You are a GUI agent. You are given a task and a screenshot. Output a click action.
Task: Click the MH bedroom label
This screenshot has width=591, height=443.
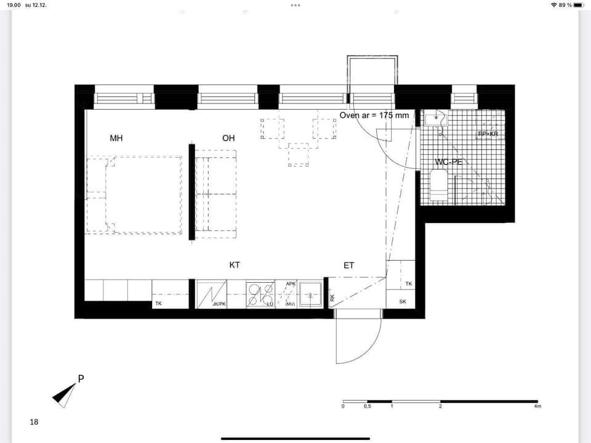pyautogui.click(x=116, y=138)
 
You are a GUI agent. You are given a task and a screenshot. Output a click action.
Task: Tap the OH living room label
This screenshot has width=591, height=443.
pyautogui.click(x=228, y=138)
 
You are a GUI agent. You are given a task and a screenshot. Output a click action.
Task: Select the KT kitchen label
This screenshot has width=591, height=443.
pyautogui.click(x=235, y=265)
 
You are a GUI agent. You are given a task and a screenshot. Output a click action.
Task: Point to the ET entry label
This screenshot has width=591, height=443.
pyautogui.click(x=349, y=266)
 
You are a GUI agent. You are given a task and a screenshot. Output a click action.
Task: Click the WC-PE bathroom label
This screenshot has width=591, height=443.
pyautogui.click(x=449, y=162)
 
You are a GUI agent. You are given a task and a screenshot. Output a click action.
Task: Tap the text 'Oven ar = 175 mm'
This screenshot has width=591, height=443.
pyautogui.click(x=374, y=115)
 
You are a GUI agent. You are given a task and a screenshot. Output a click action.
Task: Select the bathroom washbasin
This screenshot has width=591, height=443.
pyautogui.click(x=436, y=117)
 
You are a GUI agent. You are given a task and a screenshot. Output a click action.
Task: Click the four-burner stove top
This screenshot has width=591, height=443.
pyautogui.click(x=260, y=294)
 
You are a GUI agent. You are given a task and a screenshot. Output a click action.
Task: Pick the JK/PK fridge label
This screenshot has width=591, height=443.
pyautogui.click(x=219, y=304)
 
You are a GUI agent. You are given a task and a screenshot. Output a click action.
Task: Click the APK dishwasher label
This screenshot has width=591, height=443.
pyautogui.click(x=291, y=284)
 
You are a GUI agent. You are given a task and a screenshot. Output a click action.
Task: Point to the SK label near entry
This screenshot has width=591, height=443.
pyautogui.click(x=403, y=302)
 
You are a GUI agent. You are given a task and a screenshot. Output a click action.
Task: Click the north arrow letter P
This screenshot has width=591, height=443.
pyautogui.click(x=81, y=378)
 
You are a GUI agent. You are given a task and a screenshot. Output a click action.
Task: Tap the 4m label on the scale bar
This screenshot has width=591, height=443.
pyautogui.click(x=537, y=407)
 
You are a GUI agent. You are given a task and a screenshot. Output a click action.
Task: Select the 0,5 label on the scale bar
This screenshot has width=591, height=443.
pyautogui.click(x=368, y=407)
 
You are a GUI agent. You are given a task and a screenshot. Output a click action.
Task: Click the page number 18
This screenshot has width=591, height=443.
pyautogui.click(x=34, y=422)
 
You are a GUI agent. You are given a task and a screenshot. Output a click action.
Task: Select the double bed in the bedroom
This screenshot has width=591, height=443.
pyautogui.click(x=143, y=195)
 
